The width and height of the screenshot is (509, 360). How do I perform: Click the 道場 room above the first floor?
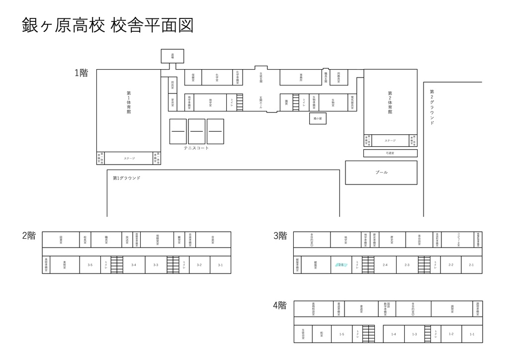tap(172, 56)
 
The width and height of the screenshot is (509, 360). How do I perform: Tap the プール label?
tap(381, 172)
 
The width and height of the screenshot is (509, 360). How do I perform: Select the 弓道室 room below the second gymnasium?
tap(390, 153)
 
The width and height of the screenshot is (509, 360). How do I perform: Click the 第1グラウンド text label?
tap(127, 178)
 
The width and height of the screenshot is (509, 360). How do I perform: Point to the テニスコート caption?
tap(196, 148)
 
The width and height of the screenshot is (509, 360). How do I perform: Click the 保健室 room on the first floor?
tap(193, 77)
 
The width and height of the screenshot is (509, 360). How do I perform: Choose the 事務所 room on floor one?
tap(301, 77)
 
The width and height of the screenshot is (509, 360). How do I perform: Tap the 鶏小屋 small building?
tap(317, 118)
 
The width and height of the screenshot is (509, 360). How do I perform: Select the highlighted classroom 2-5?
tap(341, 265)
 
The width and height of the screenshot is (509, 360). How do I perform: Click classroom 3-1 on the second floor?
tap(220, 265)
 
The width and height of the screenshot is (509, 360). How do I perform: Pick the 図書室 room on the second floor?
tap(61, 240)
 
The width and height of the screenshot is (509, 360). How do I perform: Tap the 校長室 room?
tap(85, 240)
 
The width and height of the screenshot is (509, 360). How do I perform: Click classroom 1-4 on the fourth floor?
tap(394, 334)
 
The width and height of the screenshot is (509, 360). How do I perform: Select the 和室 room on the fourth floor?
tap(322, 334)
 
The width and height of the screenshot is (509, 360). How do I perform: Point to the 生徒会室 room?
tap(303, 334)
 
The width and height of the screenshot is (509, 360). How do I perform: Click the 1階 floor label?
tap(82, 73)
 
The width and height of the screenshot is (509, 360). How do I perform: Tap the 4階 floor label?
tap(279, 305)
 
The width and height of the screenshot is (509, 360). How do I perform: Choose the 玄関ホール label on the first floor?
tap(260, 102)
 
